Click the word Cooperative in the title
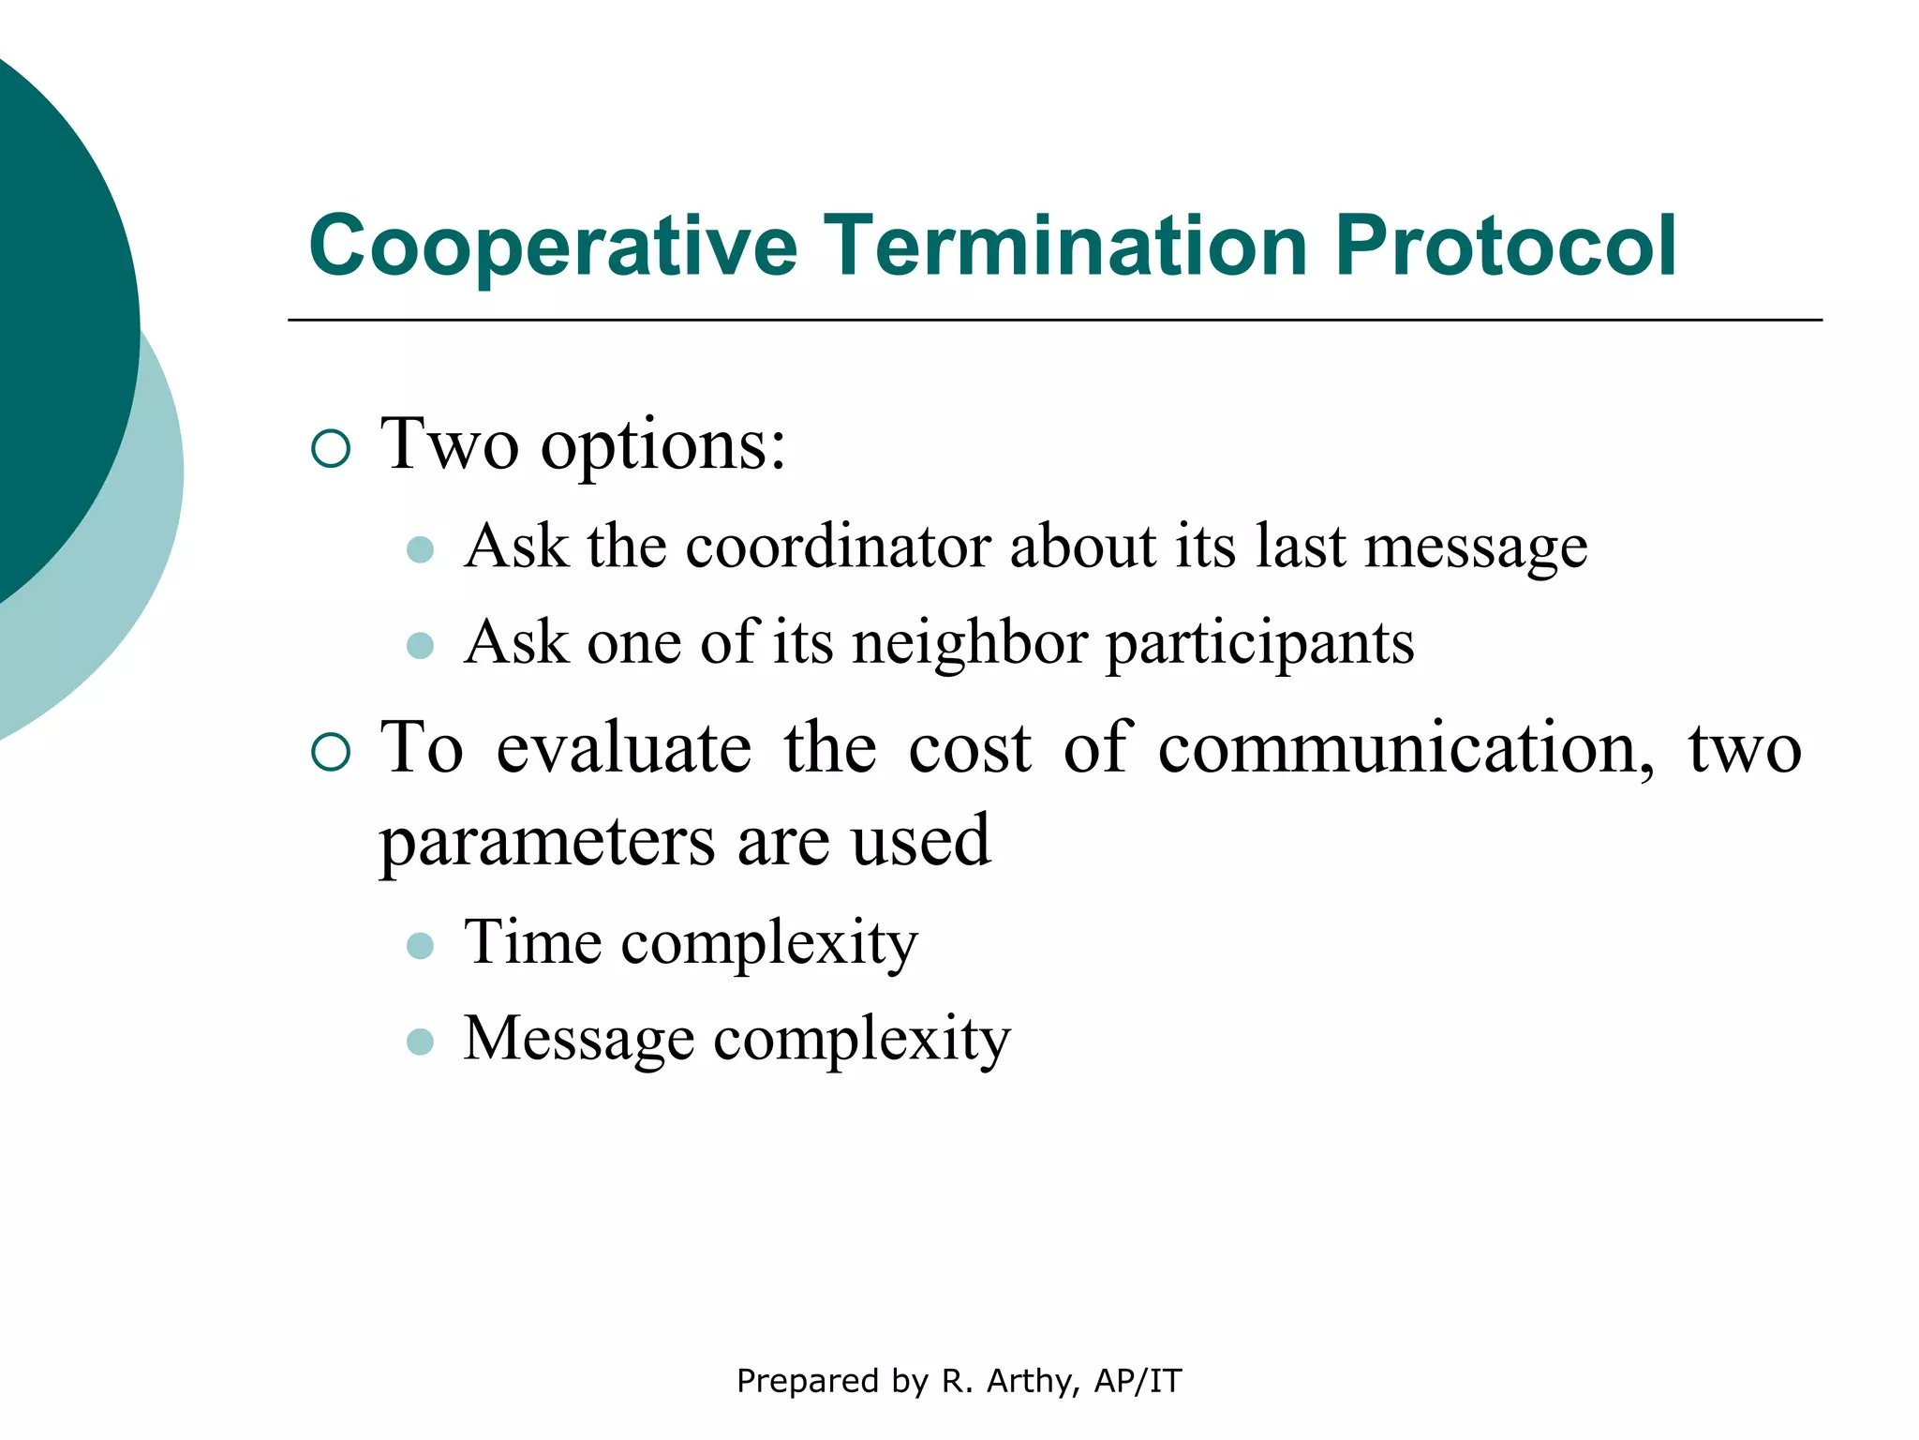553,246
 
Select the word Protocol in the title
1505,246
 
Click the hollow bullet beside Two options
330,449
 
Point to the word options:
663,446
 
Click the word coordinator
838,547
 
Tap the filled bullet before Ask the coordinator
421,549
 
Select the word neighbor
970,644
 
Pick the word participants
1260,644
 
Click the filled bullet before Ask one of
421,646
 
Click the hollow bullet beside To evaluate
330,752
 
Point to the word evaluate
623,750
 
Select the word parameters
547,842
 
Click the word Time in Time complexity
532,942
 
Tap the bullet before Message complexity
421,1042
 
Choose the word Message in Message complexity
578,1039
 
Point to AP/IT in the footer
1138,1381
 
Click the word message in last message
1476,547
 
